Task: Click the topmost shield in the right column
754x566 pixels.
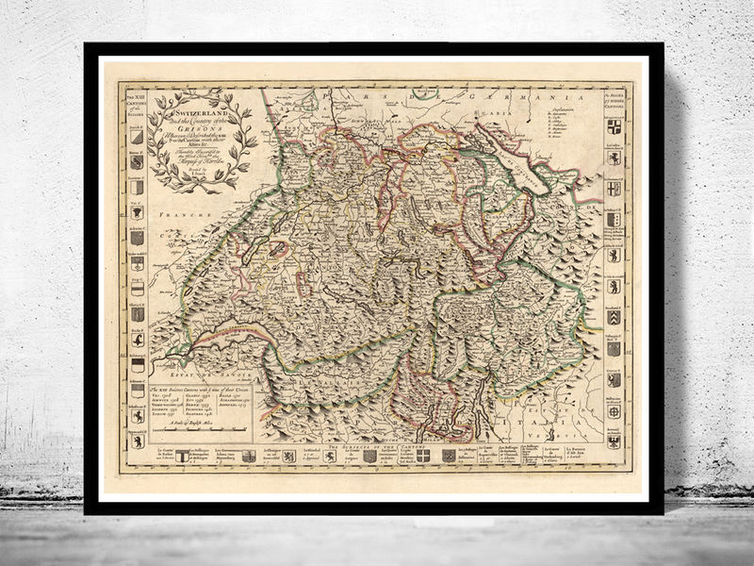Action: click(x=614, y=126)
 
